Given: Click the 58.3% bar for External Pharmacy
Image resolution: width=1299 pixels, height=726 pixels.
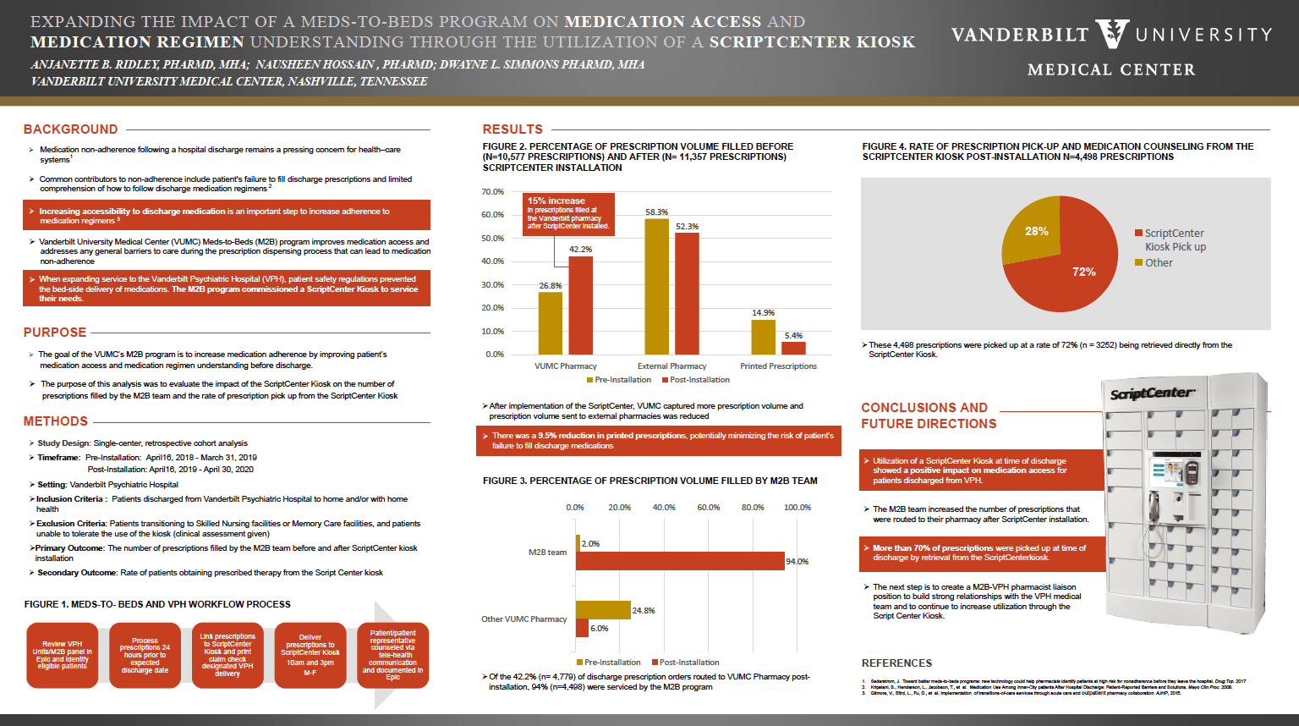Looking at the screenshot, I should [x=656, y=287].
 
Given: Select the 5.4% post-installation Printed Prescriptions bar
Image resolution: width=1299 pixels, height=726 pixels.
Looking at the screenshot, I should [x=793, y=348].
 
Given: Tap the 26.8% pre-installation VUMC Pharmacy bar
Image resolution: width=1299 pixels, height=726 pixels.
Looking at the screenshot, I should [x=551, y=323].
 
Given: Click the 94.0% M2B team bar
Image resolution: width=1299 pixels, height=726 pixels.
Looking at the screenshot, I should [x=681, y=561].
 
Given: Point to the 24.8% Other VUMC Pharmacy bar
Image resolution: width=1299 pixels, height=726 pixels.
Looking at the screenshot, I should [x=603, y=610].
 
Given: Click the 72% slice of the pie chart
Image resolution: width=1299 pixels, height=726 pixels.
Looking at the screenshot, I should [x=1074, y=271].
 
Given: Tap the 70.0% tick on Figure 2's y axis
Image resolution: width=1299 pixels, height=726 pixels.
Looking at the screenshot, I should [x=493, y=192].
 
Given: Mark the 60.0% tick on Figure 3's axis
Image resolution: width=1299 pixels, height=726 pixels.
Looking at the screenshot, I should [x=709, y=508].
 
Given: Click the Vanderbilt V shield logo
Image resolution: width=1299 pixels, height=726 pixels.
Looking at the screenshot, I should [x=1112, y=34].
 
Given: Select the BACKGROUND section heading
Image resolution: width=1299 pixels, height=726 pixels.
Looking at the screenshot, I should [x=71, y=129].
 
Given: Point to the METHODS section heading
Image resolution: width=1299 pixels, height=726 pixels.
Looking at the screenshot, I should [x=56, y=421].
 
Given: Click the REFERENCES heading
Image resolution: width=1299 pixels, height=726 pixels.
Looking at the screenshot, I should [x=896, y=663].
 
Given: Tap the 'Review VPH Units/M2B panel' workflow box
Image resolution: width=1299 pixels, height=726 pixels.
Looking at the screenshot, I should [x=63, y=655].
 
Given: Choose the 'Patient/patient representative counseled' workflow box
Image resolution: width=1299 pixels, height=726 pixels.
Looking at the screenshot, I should [x=393, y=655].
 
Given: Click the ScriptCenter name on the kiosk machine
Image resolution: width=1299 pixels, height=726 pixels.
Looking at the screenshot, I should [x=1152, y=393].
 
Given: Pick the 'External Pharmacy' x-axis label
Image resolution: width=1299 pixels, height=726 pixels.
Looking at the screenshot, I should [x=671, y=366].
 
